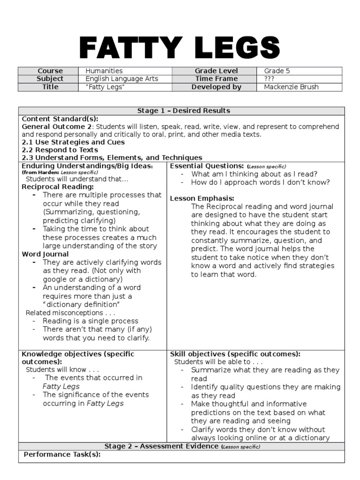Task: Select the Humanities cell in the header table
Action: point(104,71)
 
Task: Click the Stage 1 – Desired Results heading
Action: point(183,111)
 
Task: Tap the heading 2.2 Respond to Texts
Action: point(60,150)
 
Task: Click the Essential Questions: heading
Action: point(206,166)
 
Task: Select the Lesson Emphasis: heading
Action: point(202,198)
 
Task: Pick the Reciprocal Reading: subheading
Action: point(56,187)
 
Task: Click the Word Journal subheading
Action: point(45,254)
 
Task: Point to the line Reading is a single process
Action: point(90,321)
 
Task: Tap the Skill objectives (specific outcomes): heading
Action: point(235,354)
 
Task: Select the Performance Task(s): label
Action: point(62,454)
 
